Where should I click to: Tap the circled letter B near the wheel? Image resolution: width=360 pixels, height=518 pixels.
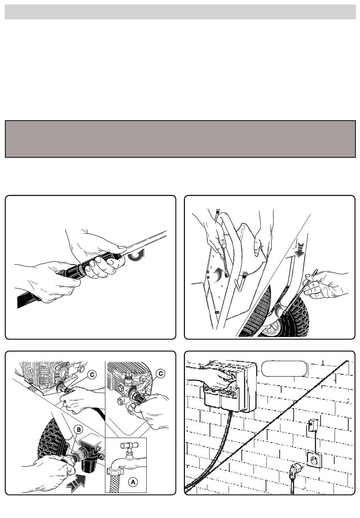click(78, 430)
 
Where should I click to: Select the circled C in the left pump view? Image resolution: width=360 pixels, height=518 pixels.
click(92, 375)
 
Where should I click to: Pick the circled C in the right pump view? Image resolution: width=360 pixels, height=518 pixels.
click(161, 373)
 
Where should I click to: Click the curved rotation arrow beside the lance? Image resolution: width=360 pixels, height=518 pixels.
click(136, 255)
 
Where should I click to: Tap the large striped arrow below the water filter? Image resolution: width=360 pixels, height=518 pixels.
click(76, 482)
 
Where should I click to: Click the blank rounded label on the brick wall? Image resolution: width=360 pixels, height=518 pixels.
click(284, 368)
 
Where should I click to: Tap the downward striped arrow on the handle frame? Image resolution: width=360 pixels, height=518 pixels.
click(300, 250)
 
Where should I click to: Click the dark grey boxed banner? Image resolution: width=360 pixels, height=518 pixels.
click(180, 139)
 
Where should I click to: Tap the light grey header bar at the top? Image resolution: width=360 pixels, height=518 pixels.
click(180, 12)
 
